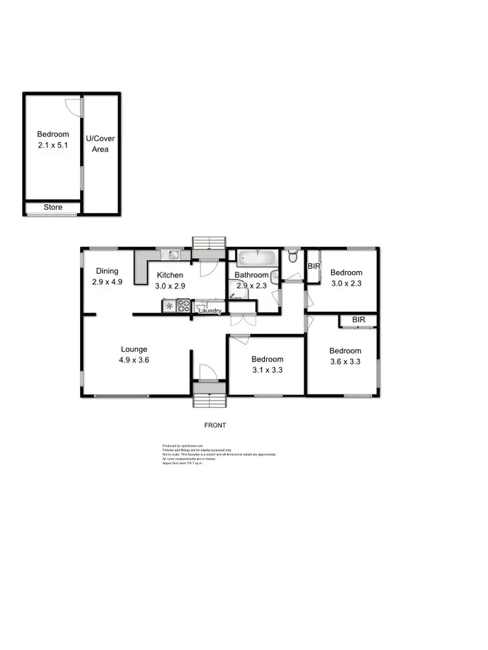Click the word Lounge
click(x=133, y=349)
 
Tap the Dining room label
click(x=107, y=271)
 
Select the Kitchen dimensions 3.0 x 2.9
click(x=170, y=286)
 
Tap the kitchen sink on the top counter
click(x=174, y=254)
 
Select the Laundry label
click(x=211, y=311)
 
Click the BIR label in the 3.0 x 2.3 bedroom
click(x=314, y=266)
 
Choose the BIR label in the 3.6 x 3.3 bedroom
click(x=359, y=320)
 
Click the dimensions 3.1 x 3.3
click(x=267, y=370)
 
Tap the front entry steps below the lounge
click(x=210, y=396)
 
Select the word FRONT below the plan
click(x=215, y=425)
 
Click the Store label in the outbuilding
click(x=53, y=207)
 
